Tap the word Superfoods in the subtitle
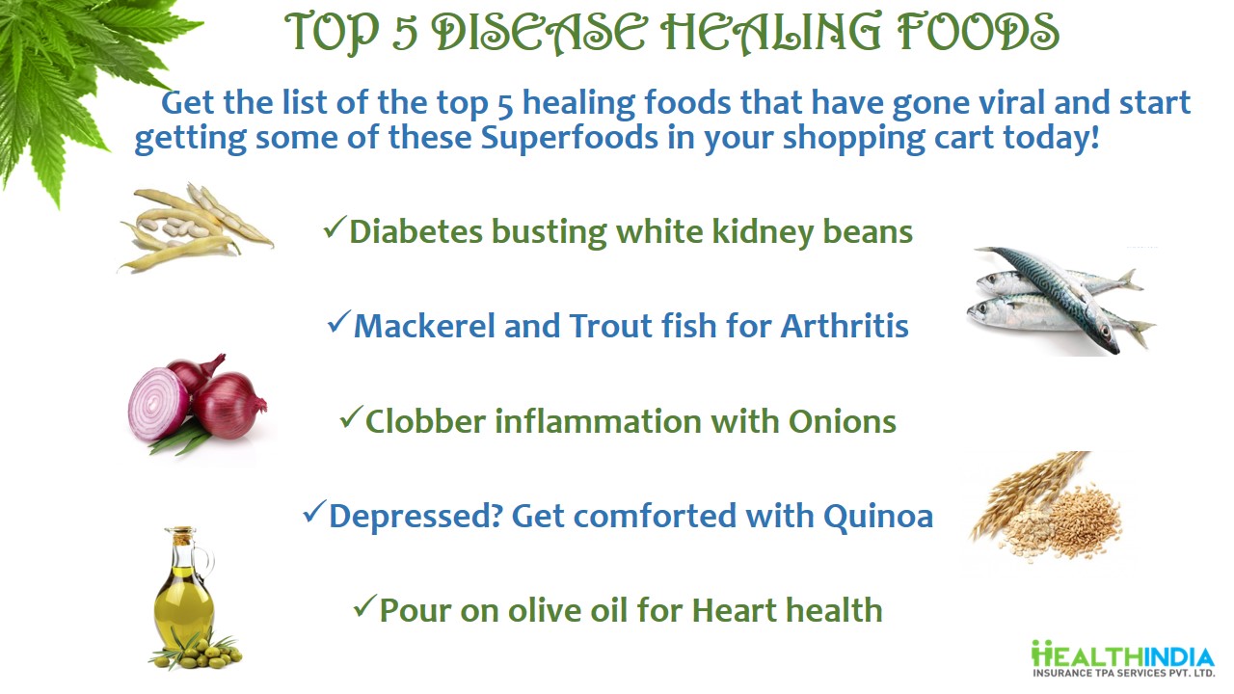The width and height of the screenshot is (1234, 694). point(569,137)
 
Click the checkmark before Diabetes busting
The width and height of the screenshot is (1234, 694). point(335,227)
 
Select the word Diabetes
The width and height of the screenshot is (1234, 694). point(416,231)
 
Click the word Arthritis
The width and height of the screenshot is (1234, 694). point(845,326)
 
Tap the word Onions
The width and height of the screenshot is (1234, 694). point(843,422)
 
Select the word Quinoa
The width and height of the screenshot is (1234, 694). point(878,517)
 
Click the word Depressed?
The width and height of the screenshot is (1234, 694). point(416,518)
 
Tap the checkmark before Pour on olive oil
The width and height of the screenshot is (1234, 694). point(364,606)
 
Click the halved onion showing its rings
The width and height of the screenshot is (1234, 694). point(159,404)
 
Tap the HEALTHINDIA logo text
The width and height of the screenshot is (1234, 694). point(1122,658)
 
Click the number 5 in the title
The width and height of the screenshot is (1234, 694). point(406,34)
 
